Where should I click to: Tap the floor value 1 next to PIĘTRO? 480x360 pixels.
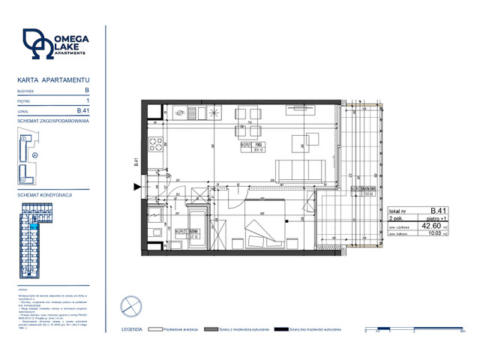point(88,100)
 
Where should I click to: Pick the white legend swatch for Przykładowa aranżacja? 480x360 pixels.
point(156,329)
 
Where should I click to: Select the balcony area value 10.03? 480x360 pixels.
point(433,233)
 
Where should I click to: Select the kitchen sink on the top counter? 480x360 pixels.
point(182,113)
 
